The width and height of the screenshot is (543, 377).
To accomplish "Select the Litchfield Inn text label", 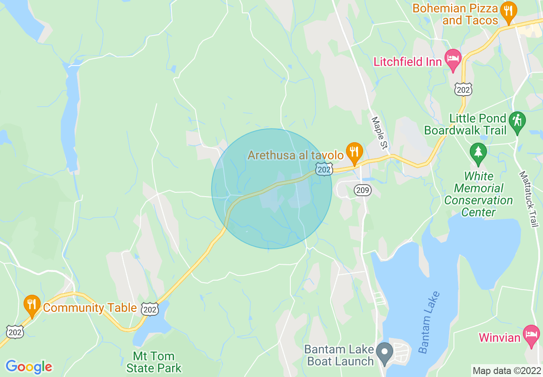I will [407, 62].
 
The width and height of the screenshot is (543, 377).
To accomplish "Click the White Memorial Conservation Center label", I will [478, 194].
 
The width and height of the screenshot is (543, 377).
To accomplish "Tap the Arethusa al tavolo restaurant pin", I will [355, 152].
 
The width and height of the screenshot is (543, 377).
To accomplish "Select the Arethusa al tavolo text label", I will [295, 155].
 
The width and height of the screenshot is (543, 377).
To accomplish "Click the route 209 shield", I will [363, 190].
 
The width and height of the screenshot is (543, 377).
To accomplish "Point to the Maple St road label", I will [379, 133].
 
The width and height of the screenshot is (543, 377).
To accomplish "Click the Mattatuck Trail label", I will [528, 199].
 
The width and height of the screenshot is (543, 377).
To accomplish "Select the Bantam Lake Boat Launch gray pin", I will [385, 353].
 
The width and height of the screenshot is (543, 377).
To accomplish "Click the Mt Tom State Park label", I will [154, 362].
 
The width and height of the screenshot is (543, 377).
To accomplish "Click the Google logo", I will [29, 367].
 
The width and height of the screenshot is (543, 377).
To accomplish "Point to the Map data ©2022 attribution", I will [507, 371].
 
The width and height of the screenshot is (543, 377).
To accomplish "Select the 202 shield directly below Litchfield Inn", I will [463, 89].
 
